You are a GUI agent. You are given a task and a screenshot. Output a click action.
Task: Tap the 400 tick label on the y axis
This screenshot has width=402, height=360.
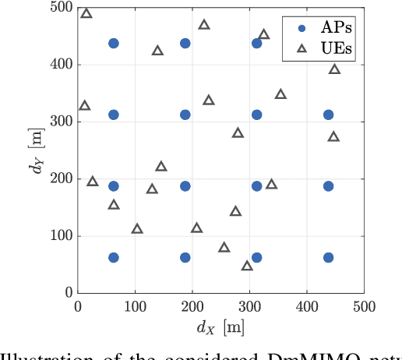coord(62,65)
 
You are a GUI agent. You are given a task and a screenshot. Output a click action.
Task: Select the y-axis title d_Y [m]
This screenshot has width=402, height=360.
coord(37,150)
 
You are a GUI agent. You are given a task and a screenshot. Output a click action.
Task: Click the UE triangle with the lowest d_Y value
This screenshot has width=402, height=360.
coord(247,266)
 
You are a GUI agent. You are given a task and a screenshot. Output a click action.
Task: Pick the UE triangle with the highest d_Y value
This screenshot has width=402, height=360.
coord(86,13)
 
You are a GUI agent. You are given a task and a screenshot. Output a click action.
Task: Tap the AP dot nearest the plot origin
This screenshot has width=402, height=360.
coord(113,257)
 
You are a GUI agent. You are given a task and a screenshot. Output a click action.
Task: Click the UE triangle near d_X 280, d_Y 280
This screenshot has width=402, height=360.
coord(238,132)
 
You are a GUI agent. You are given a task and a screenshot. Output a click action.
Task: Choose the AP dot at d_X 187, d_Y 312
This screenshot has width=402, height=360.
coord(185,115)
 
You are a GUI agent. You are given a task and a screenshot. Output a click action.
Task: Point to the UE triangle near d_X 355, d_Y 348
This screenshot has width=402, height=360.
coord(280,94)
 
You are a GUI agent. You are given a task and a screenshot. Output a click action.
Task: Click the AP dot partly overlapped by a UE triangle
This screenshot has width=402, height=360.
coord(256,43)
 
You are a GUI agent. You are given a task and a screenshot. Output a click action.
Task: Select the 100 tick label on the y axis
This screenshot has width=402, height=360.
coord(62,235)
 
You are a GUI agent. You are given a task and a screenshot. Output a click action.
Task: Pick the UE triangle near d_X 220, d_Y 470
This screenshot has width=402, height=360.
coord(204,24)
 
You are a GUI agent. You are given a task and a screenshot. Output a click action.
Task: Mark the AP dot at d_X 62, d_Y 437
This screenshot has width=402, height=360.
coord(113,44)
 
